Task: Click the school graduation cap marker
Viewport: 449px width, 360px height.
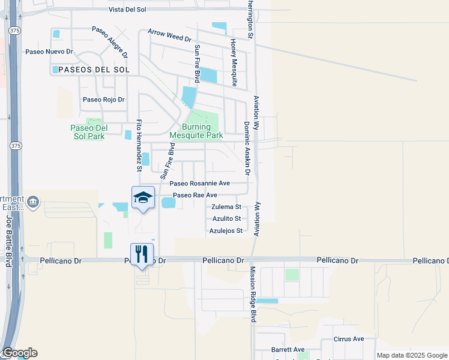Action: click(x=143, y=198)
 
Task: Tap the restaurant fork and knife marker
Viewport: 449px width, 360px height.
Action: click(x=142, y=254)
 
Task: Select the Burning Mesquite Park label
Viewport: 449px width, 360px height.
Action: click(x=196, y=131)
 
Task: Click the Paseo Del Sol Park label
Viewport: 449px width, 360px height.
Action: click(x=88, y=132)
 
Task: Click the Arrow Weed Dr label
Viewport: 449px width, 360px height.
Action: click(x=169, y=37)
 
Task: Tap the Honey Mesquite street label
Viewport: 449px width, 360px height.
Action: click(x=234, y=62)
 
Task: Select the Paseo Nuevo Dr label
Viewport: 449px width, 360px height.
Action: click(x=49, y=52)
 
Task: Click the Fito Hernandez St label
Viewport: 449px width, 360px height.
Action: click(x=139, y=145)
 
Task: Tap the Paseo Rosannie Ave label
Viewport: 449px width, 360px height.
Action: click(x=200, y=184)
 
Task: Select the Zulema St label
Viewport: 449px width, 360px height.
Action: click(x=226, y=207)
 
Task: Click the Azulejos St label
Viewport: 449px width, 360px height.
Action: click(x=226, y=230)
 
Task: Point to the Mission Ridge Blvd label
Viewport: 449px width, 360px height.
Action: click(x=253, y=295)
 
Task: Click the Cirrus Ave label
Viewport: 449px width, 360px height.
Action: click(x=349, y=339)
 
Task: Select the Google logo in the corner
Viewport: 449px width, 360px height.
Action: click(x=19, y=353)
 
